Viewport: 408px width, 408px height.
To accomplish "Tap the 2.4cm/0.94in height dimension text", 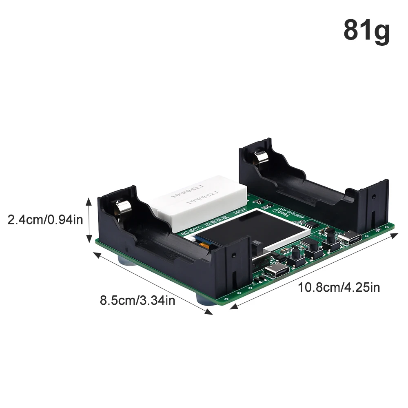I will pos(45,220).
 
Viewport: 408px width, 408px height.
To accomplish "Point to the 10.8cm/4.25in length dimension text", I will pos(339,287).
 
